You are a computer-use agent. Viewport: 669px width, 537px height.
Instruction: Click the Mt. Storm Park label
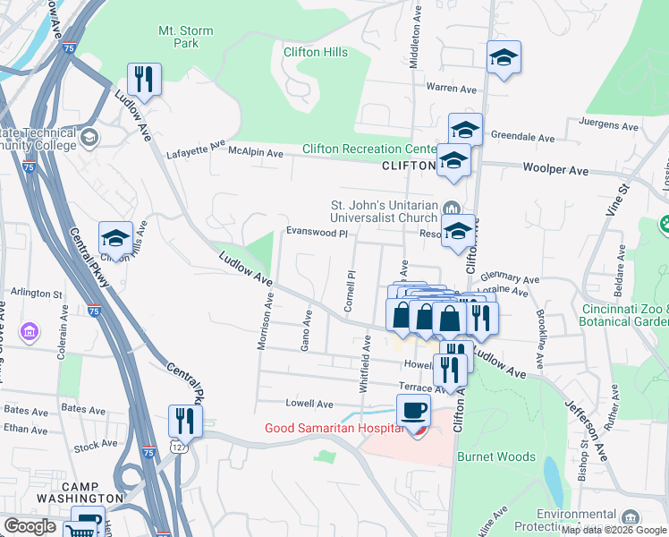(x=185, y=37)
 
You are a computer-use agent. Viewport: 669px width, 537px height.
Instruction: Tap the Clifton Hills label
(x=315, y=53)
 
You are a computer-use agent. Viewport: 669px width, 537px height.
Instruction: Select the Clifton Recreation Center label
(x=368, y=149)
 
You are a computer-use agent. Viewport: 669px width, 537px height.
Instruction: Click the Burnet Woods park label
(x=496, y=456)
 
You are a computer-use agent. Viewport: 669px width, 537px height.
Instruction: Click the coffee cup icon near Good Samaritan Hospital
(x=412, y=411)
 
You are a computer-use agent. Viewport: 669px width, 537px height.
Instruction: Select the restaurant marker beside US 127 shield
(x=185, y=420)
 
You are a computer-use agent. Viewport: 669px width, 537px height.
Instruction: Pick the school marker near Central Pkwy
(x=115, y=238)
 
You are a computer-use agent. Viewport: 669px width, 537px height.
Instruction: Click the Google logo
(x=30, y=526)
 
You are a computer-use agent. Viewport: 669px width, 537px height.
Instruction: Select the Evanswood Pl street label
(x=316, y=231)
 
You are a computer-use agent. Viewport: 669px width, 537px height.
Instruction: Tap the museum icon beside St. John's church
(x=451, y=208)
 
